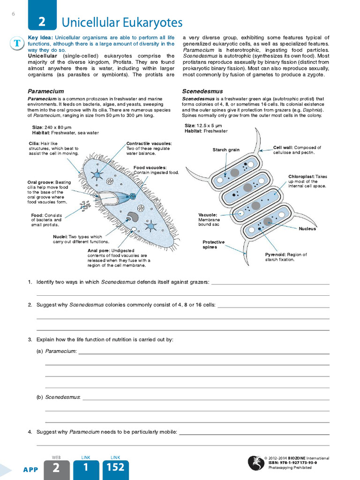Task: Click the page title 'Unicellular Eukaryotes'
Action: tap(122, 22)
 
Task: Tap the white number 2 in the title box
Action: tap(42, 22)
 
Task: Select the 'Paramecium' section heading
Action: tap(45, 91)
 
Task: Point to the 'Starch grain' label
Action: tap(226, 150)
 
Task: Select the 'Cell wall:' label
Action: tap(283, 147)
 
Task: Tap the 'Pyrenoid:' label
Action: tap(276, 255)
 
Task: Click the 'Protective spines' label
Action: tap(213, 244)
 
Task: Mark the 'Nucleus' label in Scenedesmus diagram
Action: tap(307, 229)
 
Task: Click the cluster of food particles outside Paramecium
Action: tap(85, 205)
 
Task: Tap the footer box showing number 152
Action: tap(115, 469)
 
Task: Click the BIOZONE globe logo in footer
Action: tap(255, 463)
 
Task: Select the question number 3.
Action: tap(30, 339)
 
